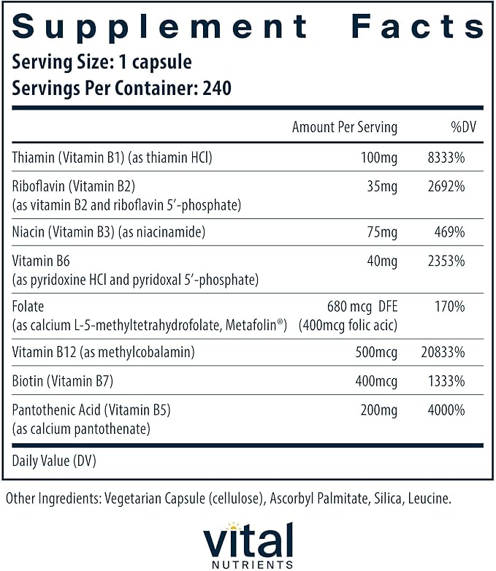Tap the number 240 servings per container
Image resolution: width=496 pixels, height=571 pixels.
(216, 88)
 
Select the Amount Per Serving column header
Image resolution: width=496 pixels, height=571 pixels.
(344, 127)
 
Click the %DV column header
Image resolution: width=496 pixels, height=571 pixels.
(463, 127)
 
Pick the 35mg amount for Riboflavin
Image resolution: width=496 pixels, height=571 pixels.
(383, 186)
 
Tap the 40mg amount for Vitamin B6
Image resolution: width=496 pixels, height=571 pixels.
(383, 261)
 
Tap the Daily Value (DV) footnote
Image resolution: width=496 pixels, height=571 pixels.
(54, 461)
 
